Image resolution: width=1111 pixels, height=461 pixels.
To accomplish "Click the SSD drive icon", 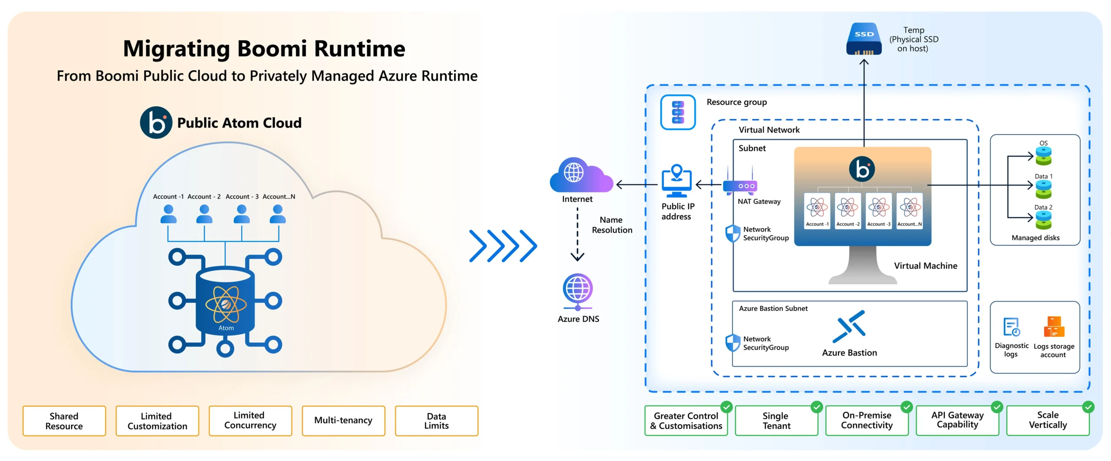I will pos(864,39).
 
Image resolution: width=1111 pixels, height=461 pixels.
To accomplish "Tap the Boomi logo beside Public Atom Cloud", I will pos(156,123).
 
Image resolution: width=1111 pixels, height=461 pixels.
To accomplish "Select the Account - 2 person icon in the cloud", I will pos(204,214).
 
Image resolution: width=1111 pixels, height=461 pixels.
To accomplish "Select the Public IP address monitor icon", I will pos(676,181).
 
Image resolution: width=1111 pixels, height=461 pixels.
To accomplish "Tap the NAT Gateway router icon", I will pos(740,186).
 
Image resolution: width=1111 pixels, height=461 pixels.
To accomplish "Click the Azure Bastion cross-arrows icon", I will pos(849,326).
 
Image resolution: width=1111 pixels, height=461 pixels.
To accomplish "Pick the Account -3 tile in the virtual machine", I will pos(879,211).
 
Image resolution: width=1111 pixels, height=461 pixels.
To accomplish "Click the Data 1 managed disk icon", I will pos(1043,190).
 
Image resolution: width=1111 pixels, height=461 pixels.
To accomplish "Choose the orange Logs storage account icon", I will pos(1054,327).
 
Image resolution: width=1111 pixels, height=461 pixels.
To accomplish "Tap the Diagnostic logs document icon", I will pos(1011,327).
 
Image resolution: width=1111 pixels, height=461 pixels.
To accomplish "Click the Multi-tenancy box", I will pos(343,421).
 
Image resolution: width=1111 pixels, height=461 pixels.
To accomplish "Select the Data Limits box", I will pos(436,421).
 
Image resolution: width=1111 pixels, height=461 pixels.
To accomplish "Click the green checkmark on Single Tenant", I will pos(817,407).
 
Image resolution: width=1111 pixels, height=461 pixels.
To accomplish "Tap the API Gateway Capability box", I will pos(957,421).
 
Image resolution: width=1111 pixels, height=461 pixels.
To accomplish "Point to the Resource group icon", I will pos(678,112).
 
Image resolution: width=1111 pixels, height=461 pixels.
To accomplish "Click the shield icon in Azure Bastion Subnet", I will pos(733,343).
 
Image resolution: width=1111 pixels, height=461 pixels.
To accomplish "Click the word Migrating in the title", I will pos(177,49).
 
